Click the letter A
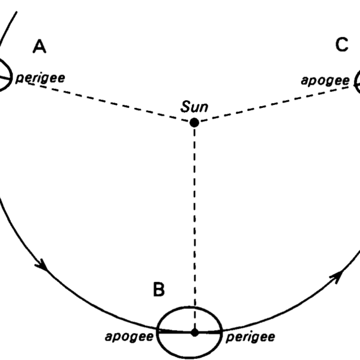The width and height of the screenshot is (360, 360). point(40,46)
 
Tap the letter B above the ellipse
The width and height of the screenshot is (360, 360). point(159,289)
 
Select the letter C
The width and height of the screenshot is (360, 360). point(342,44)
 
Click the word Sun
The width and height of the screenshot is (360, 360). point(194,107)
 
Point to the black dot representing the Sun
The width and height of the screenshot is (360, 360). point(194,122)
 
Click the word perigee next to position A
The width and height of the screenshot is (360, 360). point(40,79)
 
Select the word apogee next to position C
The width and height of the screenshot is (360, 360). point(325,81)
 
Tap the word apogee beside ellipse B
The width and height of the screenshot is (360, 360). point(129,337)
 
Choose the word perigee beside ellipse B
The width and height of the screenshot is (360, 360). point(250,338)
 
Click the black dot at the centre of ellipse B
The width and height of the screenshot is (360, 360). point(194,332)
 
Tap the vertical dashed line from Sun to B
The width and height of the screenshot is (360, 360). point(194,227)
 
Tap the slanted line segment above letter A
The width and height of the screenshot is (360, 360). point(8,28)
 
